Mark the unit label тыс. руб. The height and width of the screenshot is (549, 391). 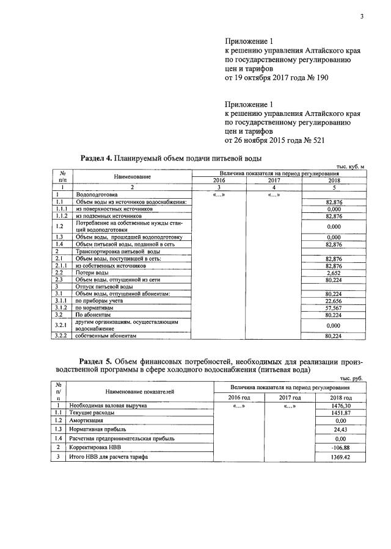352,378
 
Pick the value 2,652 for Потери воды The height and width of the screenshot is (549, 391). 334,274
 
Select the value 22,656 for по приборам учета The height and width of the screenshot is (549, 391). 334,300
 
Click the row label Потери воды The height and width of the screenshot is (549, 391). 92,274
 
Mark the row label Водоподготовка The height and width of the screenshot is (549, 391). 97,195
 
